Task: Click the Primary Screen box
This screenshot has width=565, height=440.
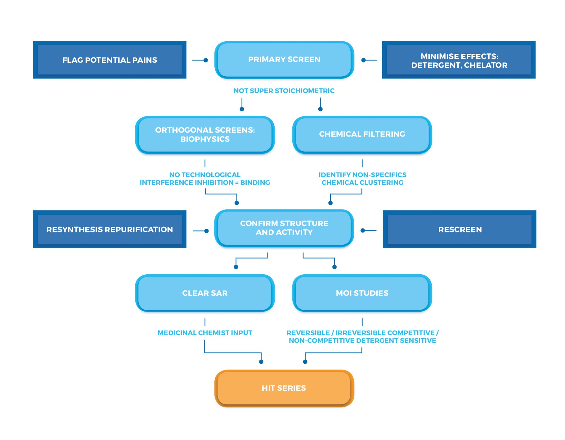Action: [x=284, y=60]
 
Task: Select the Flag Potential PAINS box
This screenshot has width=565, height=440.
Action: [x=110, y=60]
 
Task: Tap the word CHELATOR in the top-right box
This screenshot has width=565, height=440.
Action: [x=486, y=65]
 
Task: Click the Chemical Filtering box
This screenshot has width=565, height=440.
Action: [x=362, y=134]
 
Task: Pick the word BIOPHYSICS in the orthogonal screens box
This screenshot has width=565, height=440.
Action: [x=205, y=139]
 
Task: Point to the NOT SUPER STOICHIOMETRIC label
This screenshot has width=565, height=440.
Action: [x=284, y=91]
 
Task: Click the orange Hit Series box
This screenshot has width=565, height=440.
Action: [x=284, y=388]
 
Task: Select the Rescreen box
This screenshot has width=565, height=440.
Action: [x=460, y=229]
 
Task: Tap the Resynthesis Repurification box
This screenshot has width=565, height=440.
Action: [x=110, y=229]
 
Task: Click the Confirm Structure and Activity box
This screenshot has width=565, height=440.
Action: [x=284, y=228]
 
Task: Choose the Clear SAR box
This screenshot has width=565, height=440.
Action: [x=205, y=293]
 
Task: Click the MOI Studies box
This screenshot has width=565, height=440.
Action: [x=362, y=293]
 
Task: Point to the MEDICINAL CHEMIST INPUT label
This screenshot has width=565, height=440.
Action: [x=205, y=333]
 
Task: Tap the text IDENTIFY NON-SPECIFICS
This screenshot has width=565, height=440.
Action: [x=362, y=175]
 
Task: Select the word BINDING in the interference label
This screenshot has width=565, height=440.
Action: [x=255, y=183]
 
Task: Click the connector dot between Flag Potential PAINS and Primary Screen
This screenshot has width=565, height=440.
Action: [x=206, y=60]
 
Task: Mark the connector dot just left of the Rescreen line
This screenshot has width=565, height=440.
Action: [x=363, y=230]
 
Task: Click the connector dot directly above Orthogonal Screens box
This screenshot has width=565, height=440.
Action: [x=242, y=109]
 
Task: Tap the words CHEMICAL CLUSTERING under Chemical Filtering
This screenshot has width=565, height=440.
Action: [x=362, y=183]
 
